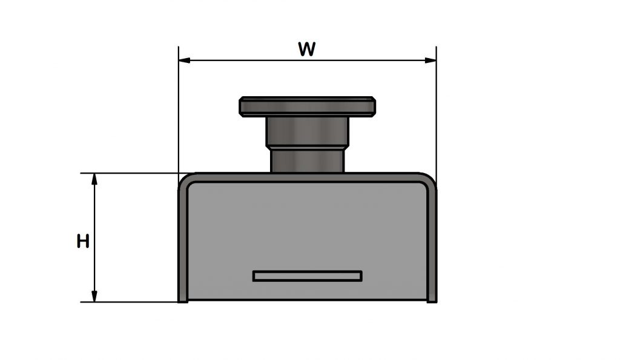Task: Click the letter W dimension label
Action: [306, 49]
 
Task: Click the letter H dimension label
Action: [83, 241]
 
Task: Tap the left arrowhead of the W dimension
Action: [184, 60]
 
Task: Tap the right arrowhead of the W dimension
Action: [430, 60]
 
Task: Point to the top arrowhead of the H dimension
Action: [94, 178]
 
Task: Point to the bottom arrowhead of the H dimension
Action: [94, 296]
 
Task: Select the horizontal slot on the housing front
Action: [308, 276]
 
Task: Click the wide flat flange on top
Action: [308, 106]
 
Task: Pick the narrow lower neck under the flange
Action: [307, 162]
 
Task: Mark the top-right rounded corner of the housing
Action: [429, 180]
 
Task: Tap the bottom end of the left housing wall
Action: [182, 299]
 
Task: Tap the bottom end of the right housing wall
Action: [432, 299]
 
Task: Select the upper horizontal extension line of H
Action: [130, 173]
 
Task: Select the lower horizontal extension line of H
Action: [130, 302]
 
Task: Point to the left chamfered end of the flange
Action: [242, 106]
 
